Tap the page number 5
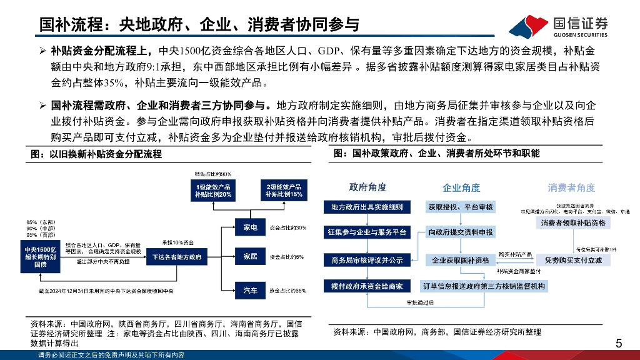[619, 342]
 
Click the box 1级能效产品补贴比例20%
[213, 191]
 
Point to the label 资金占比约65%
[287, 291]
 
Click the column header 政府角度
[367, 187]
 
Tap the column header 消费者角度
[571, 187]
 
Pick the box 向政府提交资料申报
[461, 232]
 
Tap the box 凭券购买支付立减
[573, 259]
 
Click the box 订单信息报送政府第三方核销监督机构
[484, 286]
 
